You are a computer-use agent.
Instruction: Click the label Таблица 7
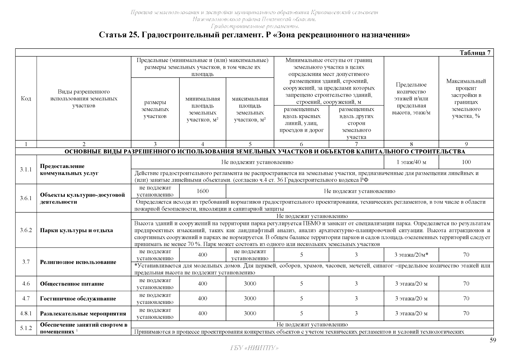click(475, 53)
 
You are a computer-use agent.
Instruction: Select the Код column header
click(26, 98)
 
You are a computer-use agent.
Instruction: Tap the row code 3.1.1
click(26, 169)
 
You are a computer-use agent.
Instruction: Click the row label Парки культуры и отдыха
click(76, 230)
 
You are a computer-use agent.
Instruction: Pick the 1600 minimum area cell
click(203, 191)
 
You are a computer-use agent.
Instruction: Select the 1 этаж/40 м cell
click(411, 162)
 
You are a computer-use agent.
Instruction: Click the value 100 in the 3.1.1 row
click(466, 162)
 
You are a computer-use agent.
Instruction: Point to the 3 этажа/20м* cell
click(411, 255)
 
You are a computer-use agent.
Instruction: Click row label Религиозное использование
click(78, 262)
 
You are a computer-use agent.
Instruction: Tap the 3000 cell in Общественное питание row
click(250, 283)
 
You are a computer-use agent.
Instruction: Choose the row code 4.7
click(26, 298)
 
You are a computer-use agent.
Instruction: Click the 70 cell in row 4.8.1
click(466, 313)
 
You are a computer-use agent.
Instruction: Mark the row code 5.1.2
click(26, 328)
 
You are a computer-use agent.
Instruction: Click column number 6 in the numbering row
click(301, 144)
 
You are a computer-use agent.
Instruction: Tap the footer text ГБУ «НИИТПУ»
click(254, 348)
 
